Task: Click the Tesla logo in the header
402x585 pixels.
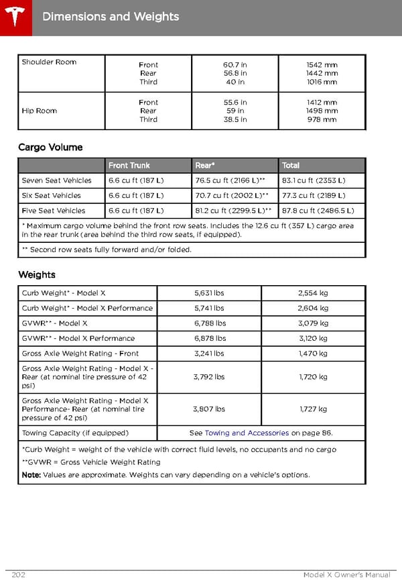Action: [x=15, y=15]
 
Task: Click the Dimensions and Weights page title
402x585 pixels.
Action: [x=111, y=16]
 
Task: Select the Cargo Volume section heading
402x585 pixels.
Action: [x=50, y=147]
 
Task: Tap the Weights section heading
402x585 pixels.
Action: [x=37, y=274]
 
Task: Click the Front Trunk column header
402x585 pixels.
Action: [x=129, y=165]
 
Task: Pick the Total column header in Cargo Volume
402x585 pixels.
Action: [x=291, y=165]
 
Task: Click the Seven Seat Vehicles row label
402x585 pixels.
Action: [x=56, y=180]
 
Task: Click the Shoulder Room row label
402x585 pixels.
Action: [x=49, y=62]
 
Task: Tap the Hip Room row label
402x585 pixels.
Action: [x=39, y=111]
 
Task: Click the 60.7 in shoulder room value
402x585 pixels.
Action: [x=235, y=65]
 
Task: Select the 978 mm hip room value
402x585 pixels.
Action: [x=322, y=119]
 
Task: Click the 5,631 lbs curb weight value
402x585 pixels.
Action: [x=209, y=293]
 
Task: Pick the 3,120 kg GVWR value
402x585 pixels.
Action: [x=313, y=338]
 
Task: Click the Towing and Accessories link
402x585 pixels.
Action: [x=247, y=433]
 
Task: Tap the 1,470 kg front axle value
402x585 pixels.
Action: [x=313, y=354]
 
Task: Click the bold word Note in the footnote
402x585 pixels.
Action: [x=31, y=475]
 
